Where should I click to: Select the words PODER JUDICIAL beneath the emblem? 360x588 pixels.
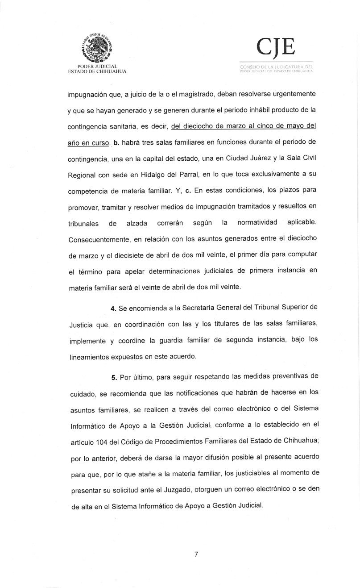pyautogui.click(x=97, y=66)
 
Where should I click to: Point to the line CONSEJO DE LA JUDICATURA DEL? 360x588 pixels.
pyautogui.click(x=276, y=67)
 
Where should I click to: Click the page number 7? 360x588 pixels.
pyautogui.click(x=196, y=554)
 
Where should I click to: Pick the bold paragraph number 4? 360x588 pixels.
pyautogui.click(x=113, y=310)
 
